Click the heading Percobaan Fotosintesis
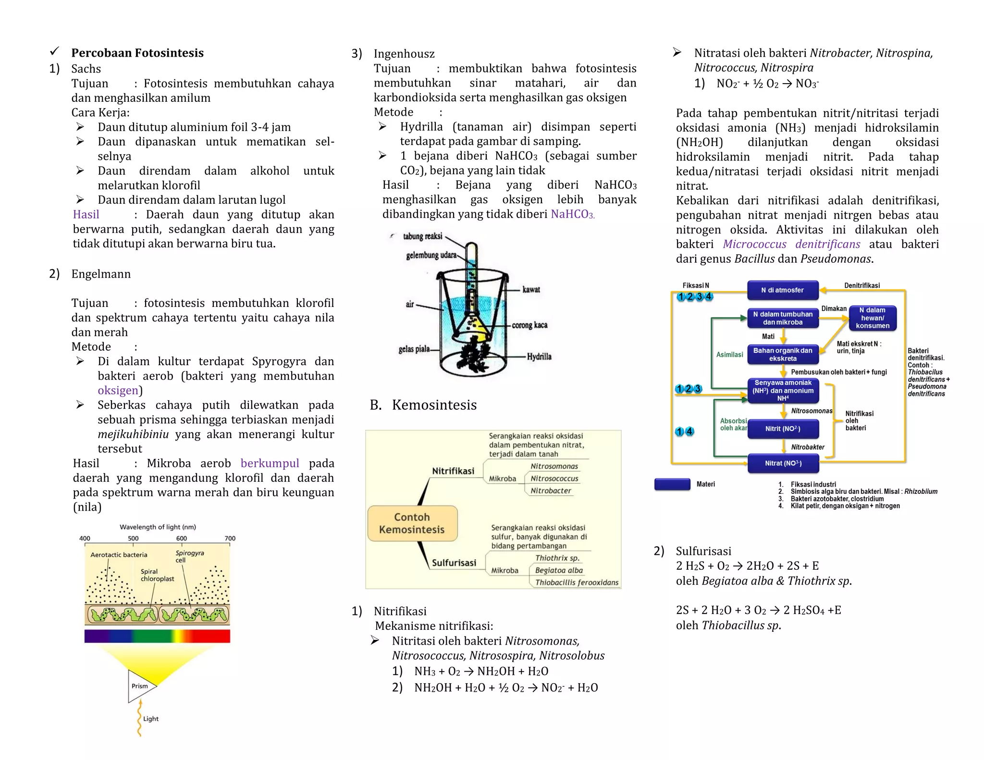(x=137, y=53)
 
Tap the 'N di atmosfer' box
(x=782, y=290)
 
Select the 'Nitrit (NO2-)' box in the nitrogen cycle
(x=782, y=429)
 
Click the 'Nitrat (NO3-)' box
(x=783, y=464)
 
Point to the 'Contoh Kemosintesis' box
(x=412, y=523)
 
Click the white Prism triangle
(x=140, y=686)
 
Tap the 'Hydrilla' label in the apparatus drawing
(x=539, y=356)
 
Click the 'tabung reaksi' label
(x=422, y=236)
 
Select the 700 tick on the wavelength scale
(x=230, y=539)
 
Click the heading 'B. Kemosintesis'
(x=423, y=405)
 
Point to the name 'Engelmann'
(x=101, y=274)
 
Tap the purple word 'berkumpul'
(x=270, y=463)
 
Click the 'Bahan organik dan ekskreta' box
(x=782, y=355)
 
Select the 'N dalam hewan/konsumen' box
(x=872, y=318)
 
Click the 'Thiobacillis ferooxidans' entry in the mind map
(x=577, y=582)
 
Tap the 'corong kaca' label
(x=529, y=325)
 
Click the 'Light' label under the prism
(x=150, y=719)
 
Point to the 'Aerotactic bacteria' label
(x=119, y=555)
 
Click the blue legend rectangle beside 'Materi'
(x=672, y=484)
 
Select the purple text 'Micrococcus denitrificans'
(x=791, y=244)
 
